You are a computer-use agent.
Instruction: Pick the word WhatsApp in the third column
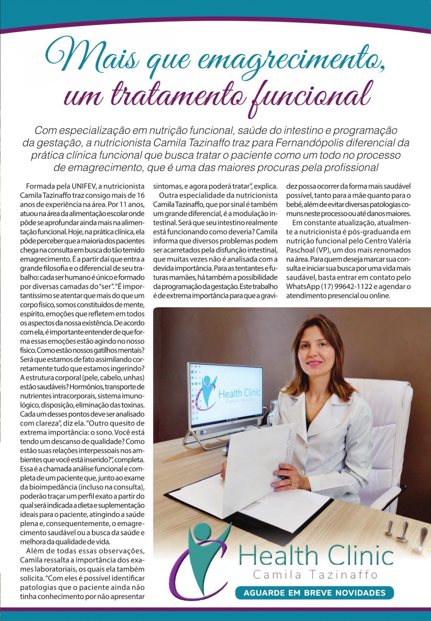303,286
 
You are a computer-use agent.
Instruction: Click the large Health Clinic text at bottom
316,556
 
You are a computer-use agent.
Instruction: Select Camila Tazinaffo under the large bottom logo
315,575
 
